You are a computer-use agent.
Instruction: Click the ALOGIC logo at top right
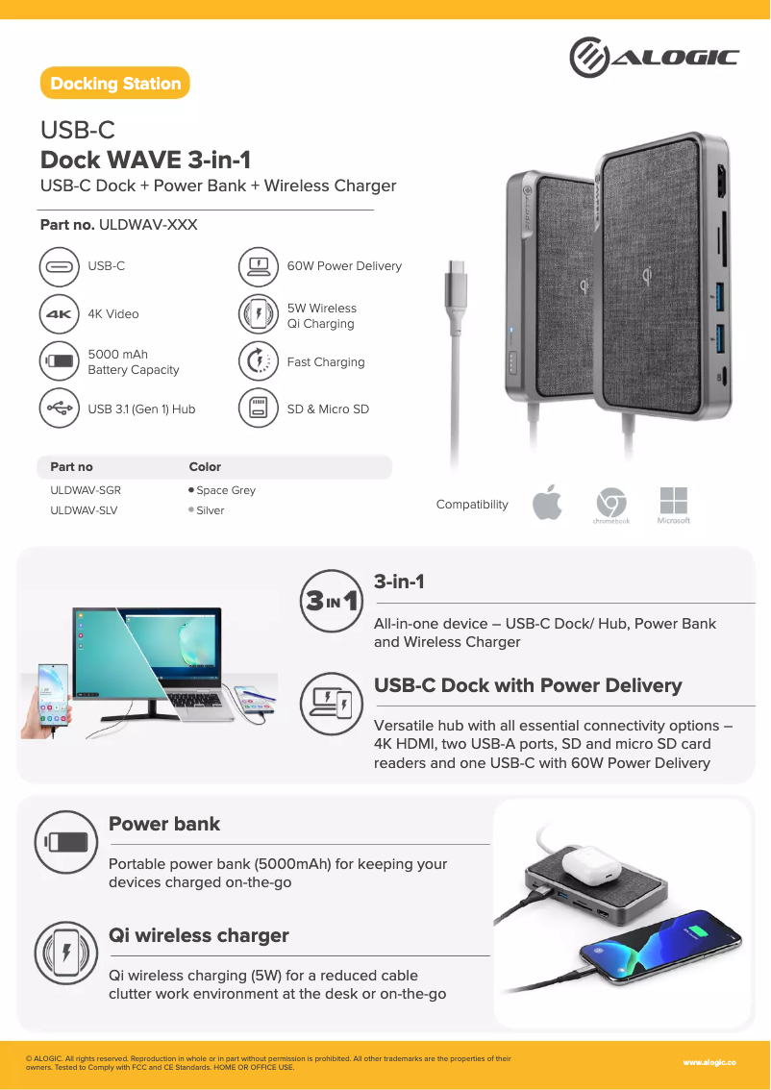coord(654,58)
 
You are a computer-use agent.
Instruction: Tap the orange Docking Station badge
coord(115,84)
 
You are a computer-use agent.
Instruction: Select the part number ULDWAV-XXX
coord(148,225)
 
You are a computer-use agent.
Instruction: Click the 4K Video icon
coord(60,314)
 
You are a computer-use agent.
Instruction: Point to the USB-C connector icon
coord(60,266)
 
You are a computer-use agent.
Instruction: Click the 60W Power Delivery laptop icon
coord(259,266)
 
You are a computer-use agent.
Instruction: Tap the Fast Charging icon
coord(259,361)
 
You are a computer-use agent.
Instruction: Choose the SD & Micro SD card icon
coord(259,409)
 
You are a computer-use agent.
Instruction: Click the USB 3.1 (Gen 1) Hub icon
coord(60,409)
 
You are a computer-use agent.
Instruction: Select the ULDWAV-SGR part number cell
coord(86,490)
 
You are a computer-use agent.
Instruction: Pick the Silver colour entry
coord(210,510)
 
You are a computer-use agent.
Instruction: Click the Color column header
coord(205,467)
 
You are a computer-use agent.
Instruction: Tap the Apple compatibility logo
coord(547,504)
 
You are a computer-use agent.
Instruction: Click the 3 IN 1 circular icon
coord(332,602)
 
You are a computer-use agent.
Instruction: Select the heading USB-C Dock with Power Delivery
coord(528,685)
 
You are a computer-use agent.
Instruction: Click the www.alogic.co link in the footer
coord(709,1062)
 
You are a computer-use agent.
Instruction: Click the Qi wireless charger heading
coord(199,935)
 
